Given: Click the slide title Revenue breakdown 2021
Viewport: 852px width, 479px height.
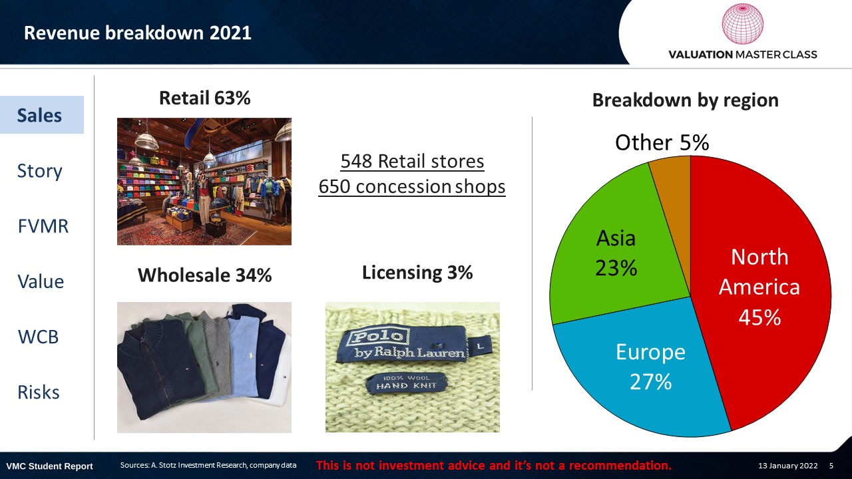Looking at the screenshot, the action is coord(137,33).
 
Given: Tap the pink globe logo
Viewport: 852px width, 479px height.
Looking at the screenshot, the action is coord(742,23).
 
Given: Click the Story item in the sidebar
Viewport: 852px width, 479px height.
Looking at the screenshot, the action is coord(39,171).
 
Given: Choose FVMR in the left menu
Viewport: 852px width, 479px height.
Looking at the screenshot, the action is coord(43,226).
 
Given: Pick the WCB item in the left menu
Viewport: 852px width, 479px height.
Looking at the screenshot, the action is coord(38,337).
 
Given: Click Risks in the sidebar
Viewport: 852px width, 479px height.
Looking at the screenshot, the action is coord(39,393).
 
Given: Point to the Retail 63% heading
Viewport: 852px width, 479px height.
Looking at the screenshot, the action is coord(204,98).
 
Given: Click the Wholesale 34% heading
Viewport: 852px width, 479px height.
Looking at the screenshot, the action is coord(204,275).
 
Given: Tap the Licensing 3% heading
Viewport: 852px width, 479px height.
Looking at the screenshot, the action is coord(417,273).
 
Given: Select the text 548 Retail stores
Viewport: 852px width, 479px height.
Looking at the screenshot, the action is coord(412,161).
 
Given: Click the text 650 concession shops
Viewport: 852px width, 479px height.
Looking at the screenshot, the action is coord(412,187).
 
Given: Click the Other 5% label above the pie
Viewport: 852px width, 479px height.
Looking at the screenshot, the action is coord(662,142).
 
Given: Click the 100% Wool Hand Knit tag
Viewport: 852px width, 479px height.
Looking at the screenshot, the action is coord(406,383).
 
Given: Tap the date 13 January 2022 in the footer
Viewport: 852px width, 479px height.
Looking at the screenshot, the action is coord(787,466).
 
